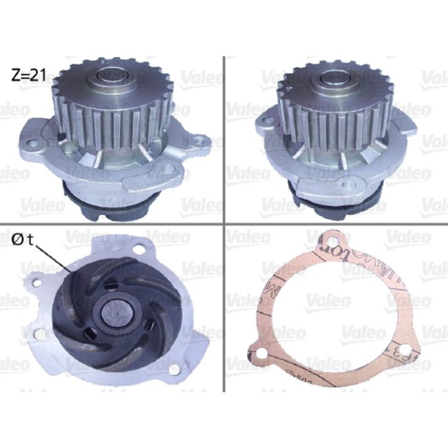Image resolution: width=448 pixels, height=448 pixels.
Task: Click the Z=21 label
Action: pos(28,75)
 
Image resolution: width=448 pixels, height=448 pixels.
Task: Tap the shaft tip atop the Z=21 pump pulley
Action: pos(112,77)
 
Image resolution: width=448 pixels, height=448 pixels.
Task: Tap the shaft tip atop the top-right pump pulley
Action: pos(336,77)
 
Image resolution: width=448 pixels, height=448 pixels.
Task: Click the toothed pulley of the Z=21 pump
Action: pos(110,110)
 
